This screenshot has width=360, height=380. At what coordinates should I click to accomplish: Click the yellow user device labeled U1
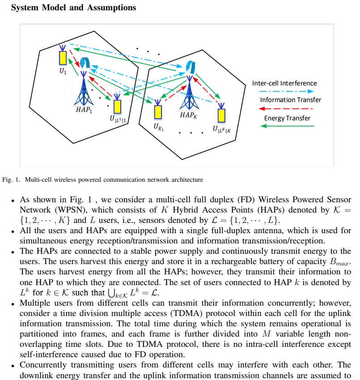click(x=63, y=57)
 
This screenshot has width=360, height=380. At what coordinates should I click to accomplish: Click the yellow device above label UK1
click(x=157, y=111)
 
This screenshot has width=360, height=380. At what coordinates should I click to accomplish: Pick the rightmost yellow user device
click(x=221, y=115)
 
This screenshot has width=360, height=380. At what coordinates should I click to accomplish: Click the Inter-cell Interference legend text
click(x=284, y=83)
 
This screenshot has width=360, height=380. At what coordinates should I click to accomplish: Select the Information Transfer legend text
click(x=291, y=100)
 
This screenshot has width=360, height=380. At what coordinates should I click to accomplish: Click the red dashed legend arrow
click(x=287, y=109)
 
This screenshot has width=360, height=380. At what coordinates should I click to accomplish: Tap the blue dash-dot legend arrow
click(x=287, y=91)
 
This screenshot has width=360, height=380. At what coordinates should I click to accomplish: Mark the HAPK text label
click(x=188, y=115)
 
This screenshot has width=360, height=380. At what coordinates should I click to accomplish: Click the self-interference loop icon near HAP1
click(x=85, y=62)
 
